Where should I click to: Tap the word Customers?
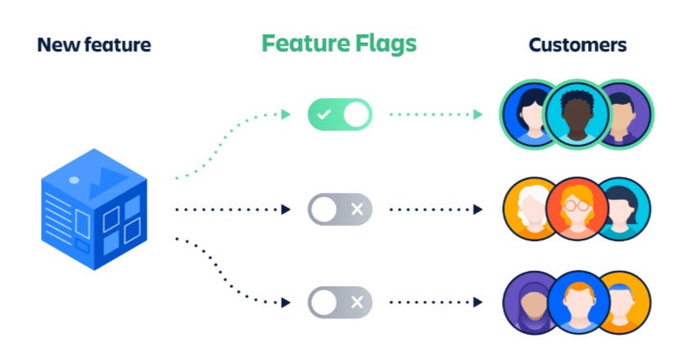pos(577,44)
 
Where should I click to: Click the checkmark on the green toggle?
pos(323,115)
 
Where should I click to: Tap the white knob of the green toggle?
pos(356,115)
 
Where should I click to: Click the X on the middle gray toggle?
pos(357,209)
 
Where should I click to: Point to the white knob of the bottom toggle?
pos(323,302)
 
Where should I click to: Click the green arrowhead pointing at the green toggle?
pos(286,115)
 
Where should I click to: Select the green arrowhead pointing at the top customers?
pos(478,115)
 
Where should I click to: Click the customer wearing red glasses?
pos(577,209)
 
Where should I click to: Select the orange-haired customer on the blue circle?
pos(577,302)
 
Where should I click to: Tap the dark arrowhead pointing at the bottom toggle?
pos(286,302)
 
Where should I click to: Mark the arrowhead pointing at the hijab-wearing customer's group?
pos(478,302)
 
